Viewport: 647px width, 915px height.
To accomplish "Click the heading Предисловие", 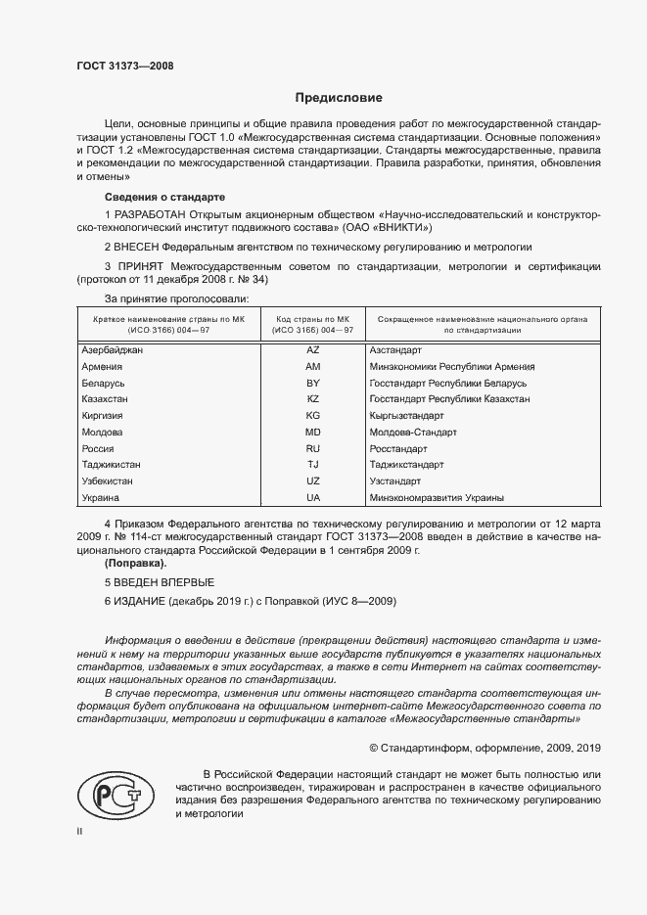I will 340,98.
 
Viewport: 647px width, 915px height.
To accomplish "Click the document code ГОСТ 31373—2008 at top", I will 125,67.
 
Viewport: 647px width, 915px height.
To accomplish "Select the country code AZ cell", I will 313,349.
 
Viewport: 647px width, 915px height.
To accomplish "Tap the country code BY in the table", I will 313,383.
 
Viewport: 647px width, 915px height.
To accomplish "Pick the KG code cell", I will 313,416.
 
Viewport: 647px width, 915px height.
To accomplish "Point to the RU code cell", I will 313,448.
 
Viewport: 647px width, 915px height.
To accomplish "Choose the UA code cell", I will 313,497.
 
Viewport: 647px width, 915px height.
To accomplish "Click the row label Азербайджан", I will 112,349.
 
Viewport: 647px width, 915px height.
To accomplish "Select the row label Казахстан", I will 106,399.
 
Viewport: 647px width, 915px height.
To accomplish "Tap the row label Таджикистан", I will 111,465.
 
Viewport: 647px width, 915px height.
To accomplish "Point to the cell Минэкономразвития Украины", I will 437,497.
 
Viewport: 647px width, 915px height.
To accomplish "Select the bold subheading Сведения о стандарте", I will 164,197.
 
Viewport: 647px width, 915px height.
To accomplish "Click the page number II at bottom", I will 80,831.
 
